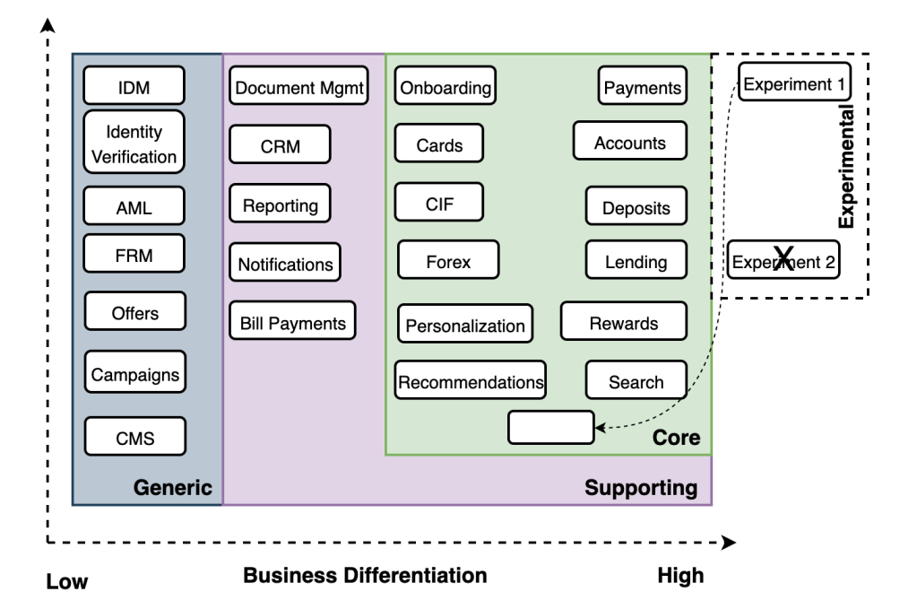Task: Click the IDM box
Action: pyautogui.click(x=134, y=86)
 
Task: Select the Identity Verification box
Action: pyautogui.click(x=134, y=143)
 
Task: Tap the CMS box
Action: pyautogui.click(x=135, y=438)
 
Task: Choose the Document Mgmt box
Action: pyautogui.click(x=299, y=87)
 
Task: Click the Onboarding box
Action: pyautogui.click(x=446, y=87)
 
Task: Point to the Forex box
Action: pyautogui.click(x=448, y=262)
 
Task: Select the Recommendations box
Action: pyautogui.click(x=471, y=381)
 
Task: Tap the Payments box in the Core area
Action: pyautogui.click(x=643, y=87)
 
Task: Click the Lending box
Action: pyautogui.click(x=636, y=261)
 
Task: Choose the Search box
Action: pyautogui.click(x=636, y=381)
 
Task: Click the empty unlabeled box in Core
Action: pyautogui.click(x=550, y=427)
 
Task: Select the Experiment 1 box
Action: pyautogui.click(x=794, y=83)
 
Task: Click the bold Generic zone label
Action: pyautogui.click(x=173, y=488)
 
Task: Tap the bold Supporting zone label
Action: pyautogui.click(x=641, y=488)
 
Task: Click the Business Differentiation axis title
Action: pyautogui.click(x=365, y=575)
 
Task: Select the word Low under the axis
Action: pyautogui.click(x=67, y=582)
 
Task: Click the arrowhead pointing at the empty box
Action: pyautogui.click(x=600, y=428)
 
